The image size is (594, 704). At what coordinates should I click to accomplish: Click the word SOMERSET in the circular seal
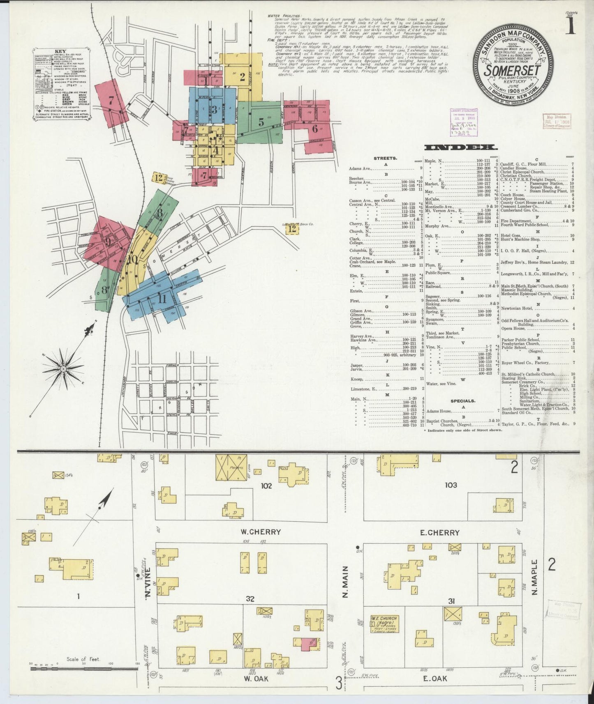click(512, 70)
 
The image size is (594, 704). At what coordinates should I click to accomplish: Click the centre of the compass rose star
click(64, 369)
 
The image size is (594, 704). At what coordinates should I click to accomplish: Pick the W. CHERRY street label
click(261, 531)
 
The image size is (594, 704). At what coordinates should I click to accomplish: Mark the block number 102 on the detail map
click(266, 485)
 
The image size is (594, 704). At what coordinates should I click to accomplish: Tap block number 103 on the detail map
click(451, 485)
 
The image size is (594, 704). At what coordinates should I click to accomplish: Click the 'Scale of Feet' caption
click(83, 660)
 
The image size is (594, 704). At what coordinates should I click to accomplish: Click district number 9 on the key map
click(108, 242)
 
